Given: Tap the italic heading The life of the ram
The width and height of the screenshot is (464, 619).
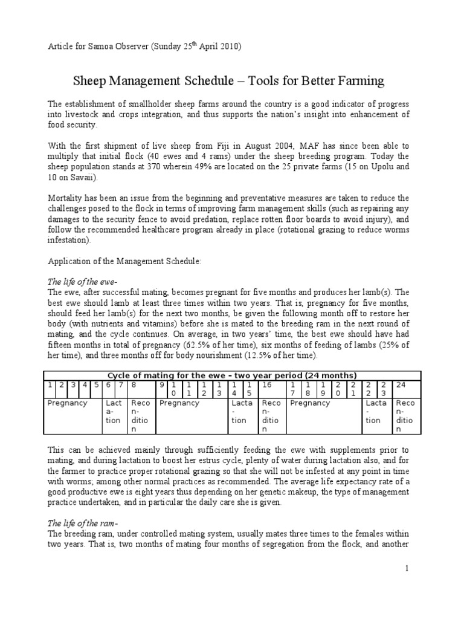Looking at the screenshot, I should pos(82,523).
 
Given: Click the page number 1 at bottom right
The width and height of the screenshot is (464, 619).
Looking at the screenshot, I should pos(407,568).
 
